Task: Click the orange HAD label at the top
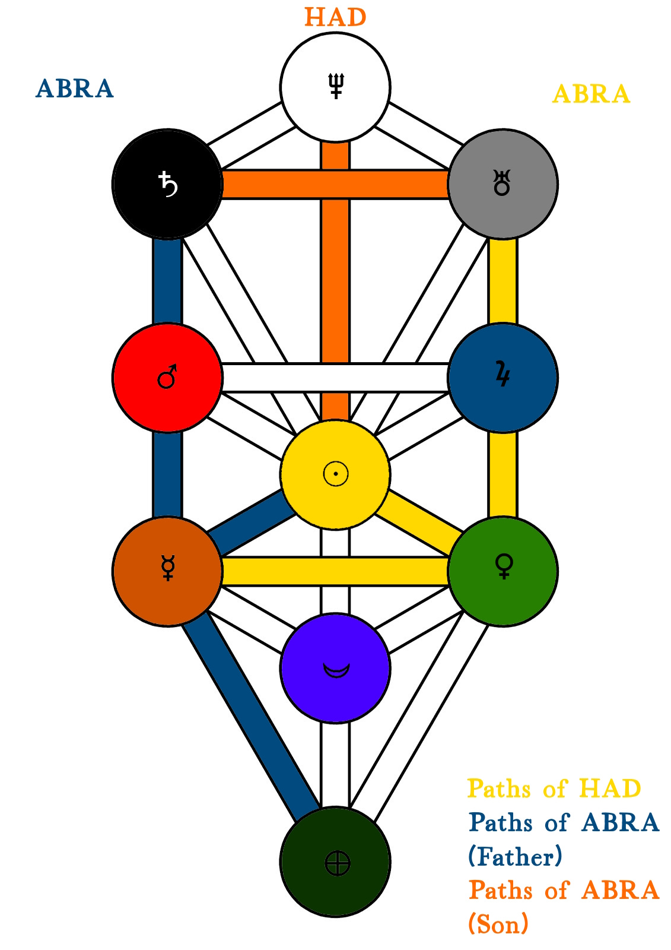tap(335, 17)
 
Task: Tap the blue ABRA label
tap(75, 89)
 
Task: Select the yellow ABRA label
tap(591, 94)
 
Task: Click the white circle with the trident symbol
tap(335, 87)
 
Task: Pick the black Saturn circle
tap(167, 184)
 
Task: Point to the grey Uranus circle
tap(503, 184)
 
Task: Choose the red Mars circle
tap(167, 378)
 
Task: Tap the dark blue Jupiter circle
tap(503, 378)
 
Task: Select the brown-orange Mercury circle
tap(167, 571)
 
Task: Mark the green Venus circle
tap(503, 571)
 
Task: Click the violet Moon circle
tap(335, 668)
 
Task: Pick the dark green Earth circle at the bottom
tap(335, 862)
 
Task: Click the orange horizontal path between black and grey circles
tap(273, 184)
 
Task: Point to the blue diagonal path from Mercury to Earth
tap(249, 712)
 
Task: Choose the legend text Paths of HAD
tap(554, 789)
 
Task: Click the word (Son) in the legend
tap(498, 924)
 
